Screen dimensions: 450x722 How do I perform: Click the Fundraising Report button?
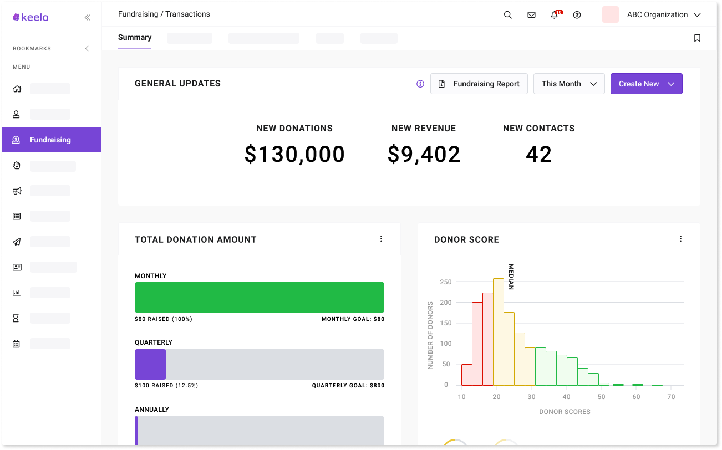(479, 84)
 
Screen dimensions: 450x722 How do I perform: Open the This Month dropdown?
(569, 84)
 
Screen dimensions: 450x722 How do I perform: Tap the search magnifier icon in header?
(507, 15)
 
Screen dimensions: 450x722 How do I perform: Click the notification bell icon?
(554, 15)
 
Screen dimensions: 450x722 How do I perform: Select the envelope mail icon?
(531, 15)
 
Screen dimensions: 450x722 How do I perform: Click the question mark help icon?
(577, 15)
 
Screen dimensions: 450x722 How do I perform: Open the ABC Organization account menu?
(657, 15)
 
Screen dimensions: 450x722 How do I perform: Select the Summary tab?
(135, 38)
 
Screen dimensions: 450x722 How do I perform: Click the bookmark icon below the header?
(697, 38)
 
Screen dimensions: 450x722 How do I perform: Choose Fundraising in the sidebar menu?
(50, 140)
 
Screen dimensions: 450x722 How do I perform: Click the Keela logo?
(31, 17)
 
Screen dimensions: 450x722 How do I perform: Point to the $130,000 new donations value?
(294, 154)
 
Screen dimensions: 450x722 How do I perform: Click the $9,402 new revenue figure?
(424, 154)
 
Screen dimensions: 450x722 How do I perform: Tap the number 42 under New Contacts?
(538, 154)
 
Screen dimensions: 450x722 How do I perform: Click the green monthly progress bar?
(260, 297)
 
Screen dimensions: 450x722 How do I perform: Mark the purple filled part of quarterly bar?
(150, 364)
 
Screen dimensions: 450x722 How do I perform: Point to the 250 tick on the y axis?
(446, 282)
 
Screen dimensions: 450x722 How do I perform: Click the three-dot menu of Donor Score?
(680, 239)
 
